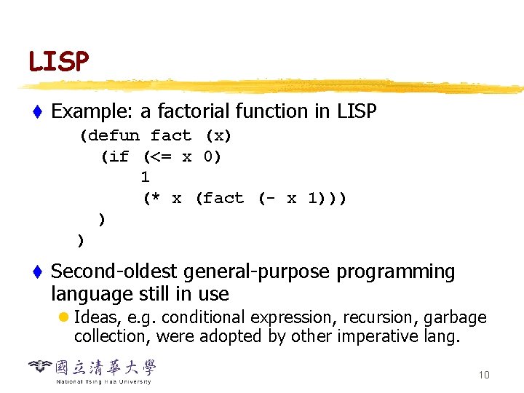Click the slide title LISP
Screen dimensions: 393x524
[x=58, y=62]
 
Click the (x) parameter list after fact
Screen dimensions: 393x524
[x=218, y=136]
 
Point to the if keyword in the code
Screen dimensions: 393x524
[x=119, y=157]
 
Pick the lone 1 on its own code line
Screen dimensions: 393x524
[x=145, y=177]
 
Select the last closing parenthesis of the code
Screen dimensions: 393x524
[x=81, y=240]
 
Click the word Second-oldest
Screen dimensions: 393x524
[x=115, y=272]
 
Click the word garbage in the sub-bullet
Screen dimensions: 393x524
[x=457, y=318]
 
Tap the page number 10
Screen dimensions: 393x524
[x=484, y=375]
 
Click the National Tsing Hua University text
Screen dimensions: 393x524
[x=103, y=381]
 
